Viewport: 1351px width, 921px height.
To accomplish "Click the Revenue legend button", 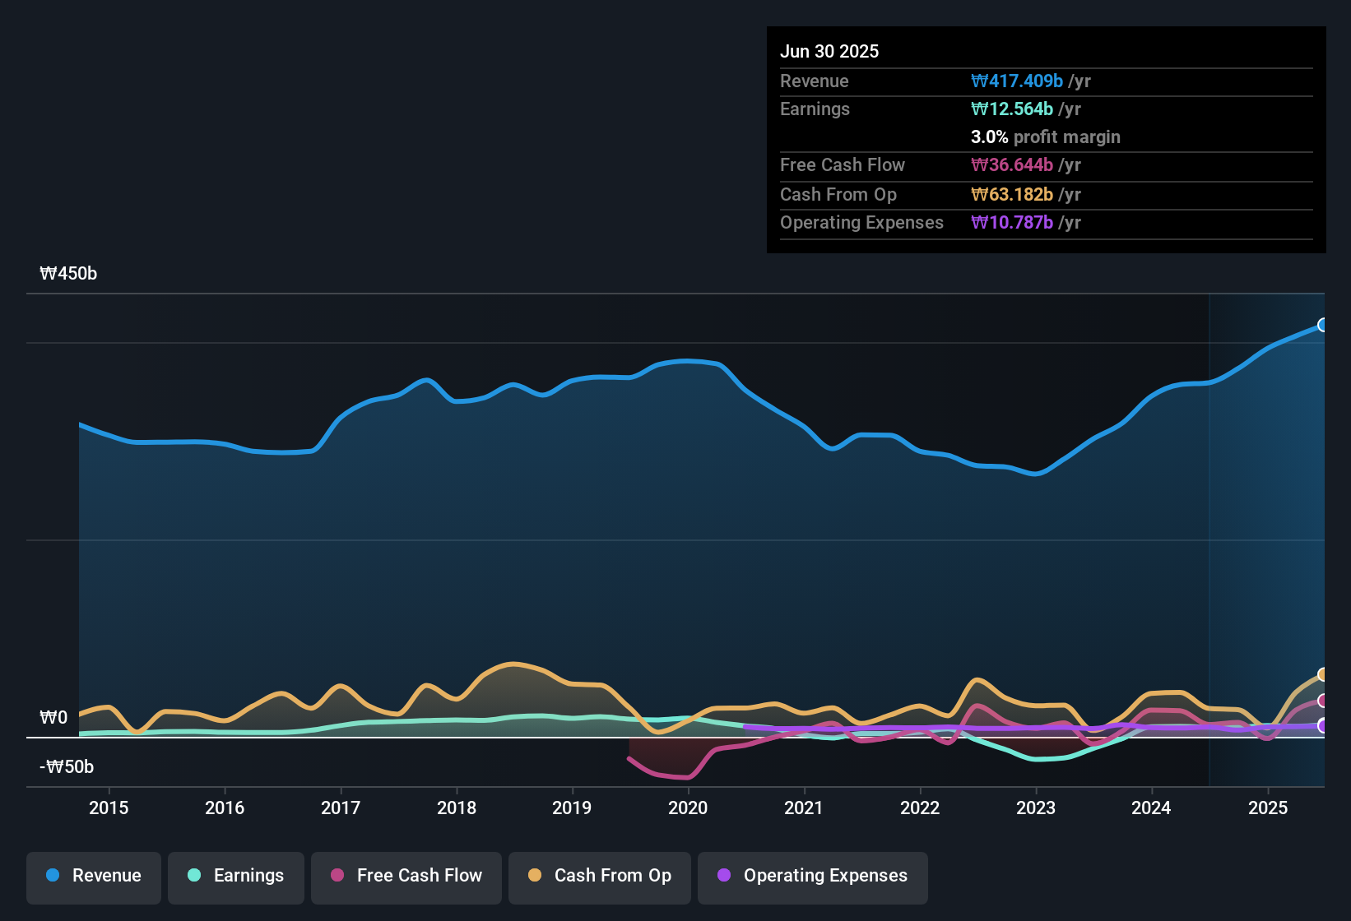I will [94, 876].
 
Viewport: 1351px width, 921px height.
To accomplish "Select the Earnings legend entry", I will [236, 876].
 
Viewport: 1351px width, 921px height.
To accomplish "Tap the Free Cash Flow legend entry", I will [406, 876].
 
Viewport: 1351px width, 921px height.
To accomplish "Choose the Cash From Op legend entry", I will [600, 876].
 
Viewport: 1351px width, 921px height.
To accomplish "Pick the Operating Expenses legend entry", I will [813, 876].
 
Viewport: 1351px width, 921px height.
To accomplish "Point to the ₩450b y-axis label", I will [68, 274].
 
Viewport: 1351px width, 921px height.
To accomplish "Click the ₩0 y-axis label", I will [53, 718].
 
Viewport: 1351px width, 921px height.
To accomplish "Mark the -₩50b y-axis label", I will [67, 767].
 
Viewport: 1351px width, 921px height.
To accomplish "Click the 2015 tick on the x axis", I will [109, 808].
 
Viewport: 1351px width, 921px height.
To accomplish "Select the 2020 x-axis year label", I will [688, 808].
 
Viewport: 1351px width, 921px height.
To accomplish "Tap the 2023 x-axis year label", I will [1036, 808].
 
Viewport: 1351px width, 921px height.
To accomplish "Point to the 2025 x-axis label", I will [1268, 808].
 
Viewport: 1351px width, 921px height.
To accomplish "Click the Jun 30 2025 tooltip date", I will [829, 52].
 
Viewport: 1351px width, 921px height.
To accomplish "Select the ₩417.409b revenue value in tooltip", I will [1017, 81].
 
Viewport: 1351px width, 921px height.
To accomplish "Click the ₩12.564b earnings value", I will [1012, 109].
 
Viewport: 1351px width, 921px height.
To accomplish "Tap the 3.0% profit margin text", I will [1045, 137].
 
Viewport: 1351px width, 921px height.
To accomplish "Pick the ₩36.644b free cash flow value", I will [1012, 165].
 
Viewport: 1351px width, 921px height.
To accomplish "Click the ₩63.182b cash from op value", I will [1012, 195].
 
